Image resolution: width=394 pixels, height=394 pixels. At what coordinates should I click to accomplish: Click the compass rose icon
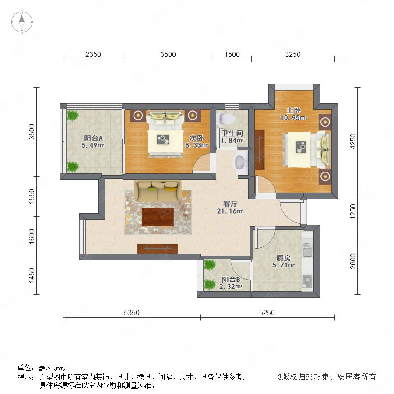(x=22, y=21)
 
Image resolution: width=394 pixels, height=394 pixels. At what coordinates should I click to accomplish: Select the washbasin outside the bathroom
(x=240, y=162)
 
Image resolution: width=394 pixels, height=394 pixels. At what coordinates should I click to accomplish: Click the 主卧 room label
(x=293, y=110)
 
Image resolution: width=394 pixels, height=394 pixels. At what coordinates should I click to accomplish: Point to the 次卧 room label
(x=196, y=138)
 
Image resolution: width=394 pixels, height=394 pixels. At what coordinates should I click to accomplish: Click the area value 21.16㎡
(x=230, y=211)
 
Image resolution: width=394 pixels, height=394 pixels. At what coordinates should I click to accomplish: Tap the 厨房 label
(x=283, y=258)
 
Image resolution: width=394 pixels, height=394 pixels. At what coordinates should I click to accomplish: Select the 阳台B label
(x=231, y=279)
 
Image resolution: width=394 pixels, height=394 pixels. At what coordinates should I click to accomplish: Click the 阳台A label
(x=93, y=138)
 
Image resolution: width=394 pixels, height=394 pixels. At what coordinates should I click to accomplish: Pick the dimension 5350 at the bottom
(x=132, y=313)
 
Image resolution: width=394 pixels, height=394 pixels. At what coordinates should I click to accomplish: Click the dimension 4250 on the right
(x=353, y=141)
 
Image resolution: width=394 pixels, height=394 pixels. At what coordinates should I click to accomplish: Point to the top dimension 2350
(x=93, y=54)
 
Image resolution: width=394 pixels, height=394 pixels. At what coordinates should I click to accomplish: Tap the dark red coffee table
(x=158, y=217)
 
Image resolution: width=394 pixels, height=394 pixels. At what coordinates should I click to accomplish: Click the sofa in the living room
(x=158, y=191)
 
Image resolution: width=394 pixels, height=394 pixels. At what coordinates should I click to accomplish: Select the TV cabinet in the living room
(x=158, y=249)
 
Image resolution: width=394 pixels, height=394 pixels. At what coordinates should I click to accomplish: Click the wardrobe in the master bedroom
(x=260, y=150)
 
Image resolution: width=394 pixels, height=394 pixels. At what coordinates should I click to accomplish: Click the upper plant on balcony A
(x=73, y=116)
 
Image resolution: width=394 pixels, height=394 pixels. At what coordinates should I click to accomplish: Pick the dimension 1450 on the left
(x=32, y=275)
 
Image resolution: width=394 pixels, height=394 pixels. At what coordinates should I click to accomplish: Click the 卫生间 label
(x=232, y=133)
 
